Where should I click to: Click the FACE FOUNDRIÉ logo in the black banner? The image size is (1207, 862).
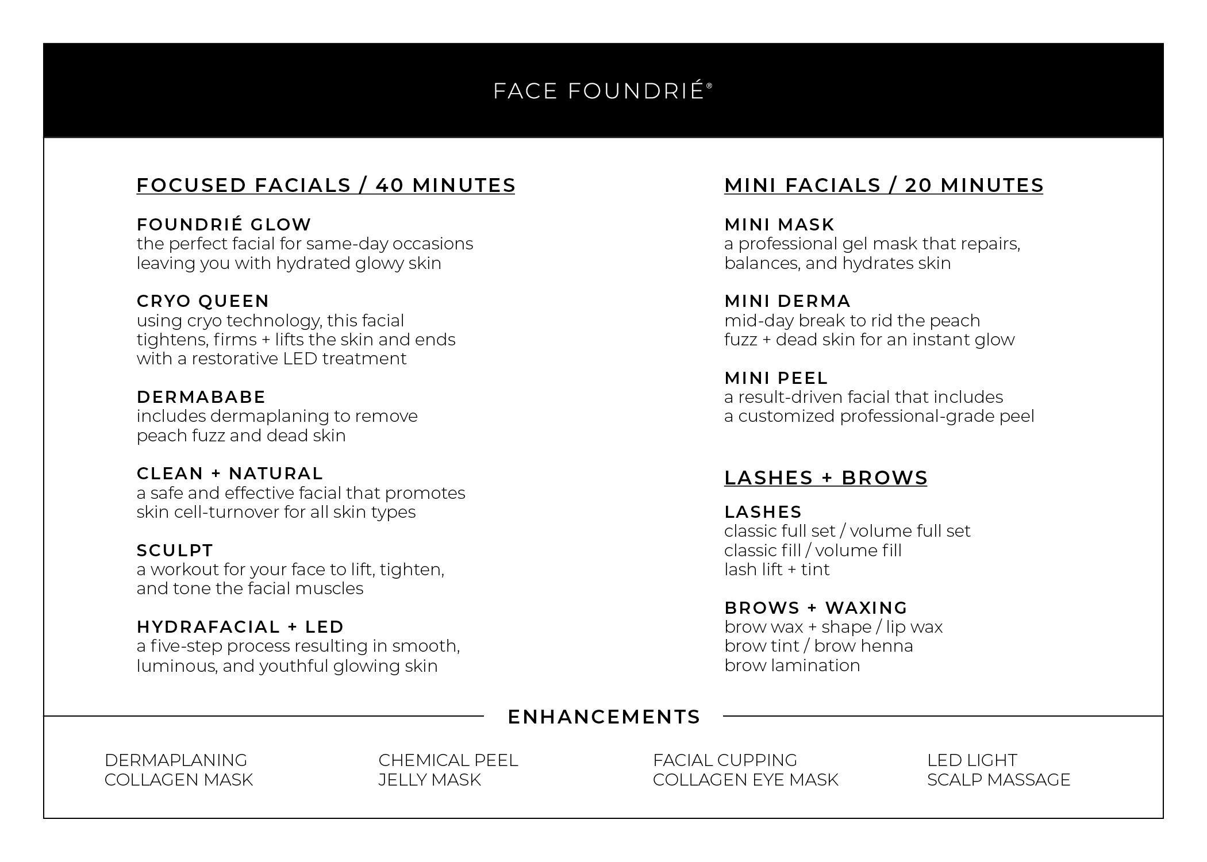click(x=602, y=91)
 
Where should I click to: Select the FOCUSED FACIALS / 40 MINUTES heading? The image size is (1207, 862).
click(x=326, y=186)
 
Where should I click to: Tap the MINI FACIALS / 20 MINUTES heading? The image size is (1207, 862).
click(x=883, y=186)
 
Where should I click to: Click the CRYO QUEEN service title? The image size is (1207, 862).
click(x=203, y=301)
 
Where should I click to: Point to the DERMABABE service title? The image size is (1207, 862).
click(x=201, y=397)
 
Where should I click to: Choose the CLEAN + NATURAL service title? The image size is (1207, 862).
click(x=230, y=474)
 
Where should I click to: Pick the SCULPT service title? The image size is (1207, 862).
click(x=175, y=551)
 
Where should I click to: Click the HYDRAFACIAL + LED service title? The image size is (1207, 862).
click(x=240, y=627)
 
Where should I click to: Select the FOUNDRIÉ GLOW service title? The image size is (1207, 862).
click(x=224, y=225)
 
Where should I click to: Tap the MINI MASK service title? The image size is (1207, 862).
click(x=779, y=225)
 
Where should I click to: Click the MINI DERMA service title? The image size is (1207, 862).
click(x=787, y=301)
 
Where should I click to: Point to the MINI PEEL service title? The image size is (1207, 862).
click(x=776, y=378)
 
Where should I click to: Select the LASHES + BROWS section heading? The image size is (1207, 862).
click(x=826, y=478)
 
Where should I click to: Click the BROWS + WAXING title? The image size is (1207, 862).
click(x=816, y=608)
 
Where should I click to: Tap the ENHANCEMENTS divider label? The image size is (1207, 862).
click(x=604, y=717)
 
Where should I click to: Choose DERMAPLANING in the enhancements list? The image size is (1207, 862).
click(x=176, y=760)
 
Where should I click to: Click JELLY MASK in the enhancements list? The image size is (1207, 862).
click(x=429, y=780)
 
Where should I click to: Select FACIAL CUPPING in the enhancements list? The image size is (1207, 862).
click(x=725, y=760)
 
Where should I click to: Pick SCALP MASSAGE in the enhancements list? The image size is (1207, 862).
click(x=998, y=780)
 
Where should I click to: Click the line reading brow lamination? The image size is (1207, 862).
click(x=792, y=665)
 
